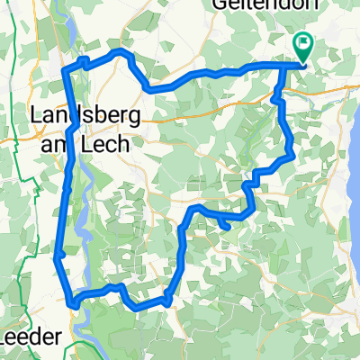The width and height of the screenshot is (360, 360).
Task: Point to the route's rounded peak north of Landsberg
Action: [x=121, y=54]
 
